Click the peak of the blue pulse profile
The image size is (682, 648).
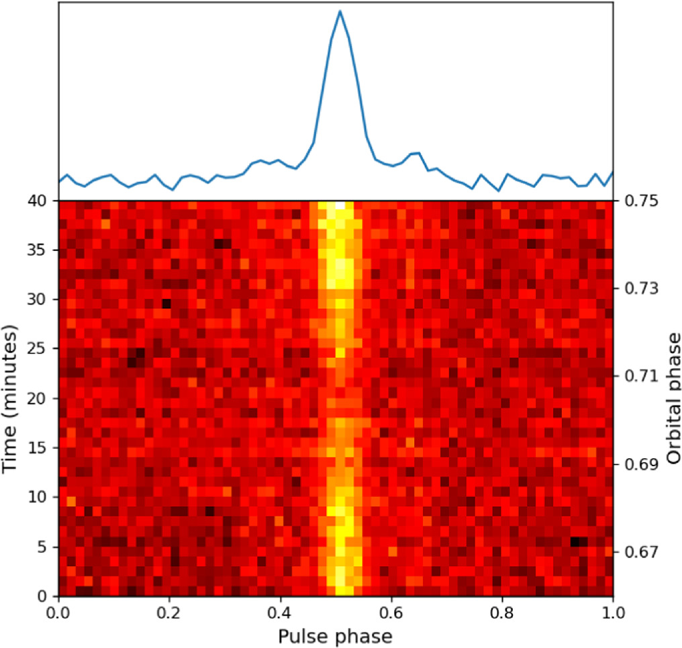tap(340, 11)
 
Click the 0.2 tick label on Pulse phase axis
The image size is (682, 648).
tap(170, 614)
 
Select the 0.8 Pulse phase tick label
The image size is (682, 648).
tap(502, 614)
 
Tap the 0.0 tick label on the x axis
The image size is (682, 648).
tap(59, 614)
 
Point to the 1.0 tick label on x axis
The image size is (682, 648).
tap(613, 614)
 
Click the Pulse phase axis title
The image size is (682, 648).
tap(336, 635)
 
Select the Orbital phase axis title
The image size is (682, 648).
tap(672, 397)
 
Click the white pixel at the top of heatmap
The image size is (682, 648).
tap(340, 205)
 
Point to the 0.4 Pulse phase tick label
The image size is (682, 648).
tap(281, 614)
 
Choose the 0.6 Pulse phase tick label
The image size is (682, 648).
tap(391, 614)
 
